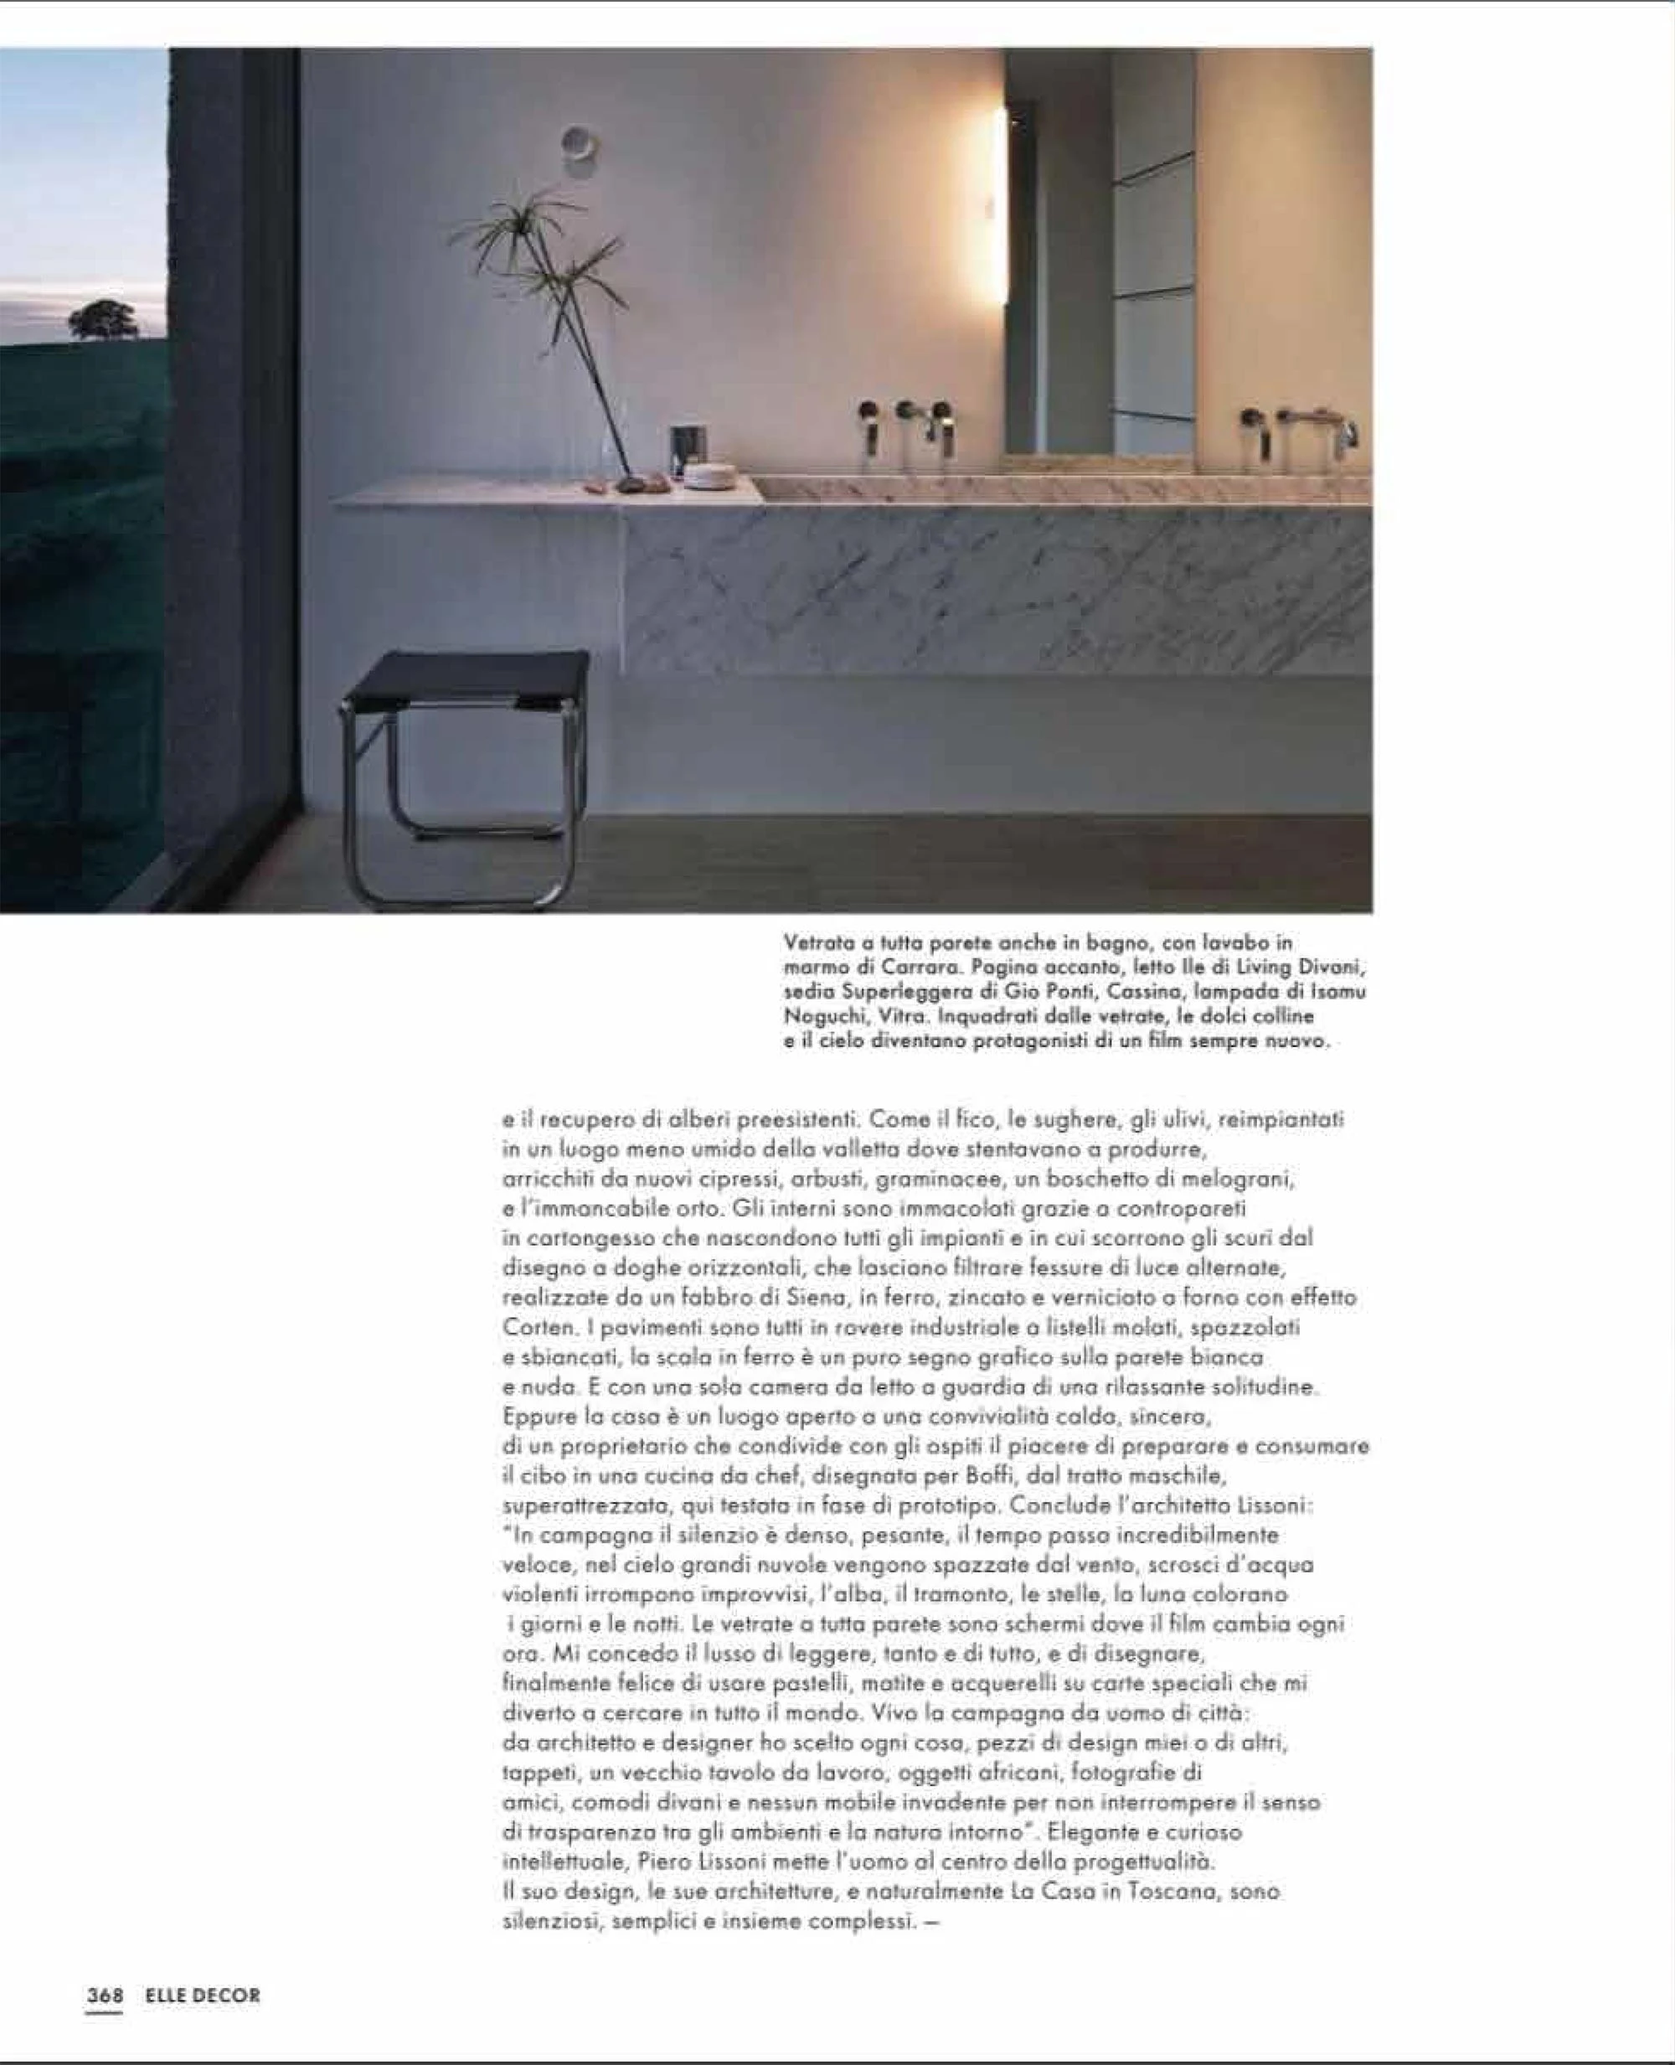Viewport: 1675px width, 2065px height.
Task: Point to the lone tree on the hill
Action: click(102, 319)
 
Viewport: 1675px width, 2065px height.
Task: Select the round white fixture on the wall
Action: click(579, 142)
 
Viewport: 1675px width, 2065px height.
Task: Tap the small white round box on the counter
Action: click(710, 476)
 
